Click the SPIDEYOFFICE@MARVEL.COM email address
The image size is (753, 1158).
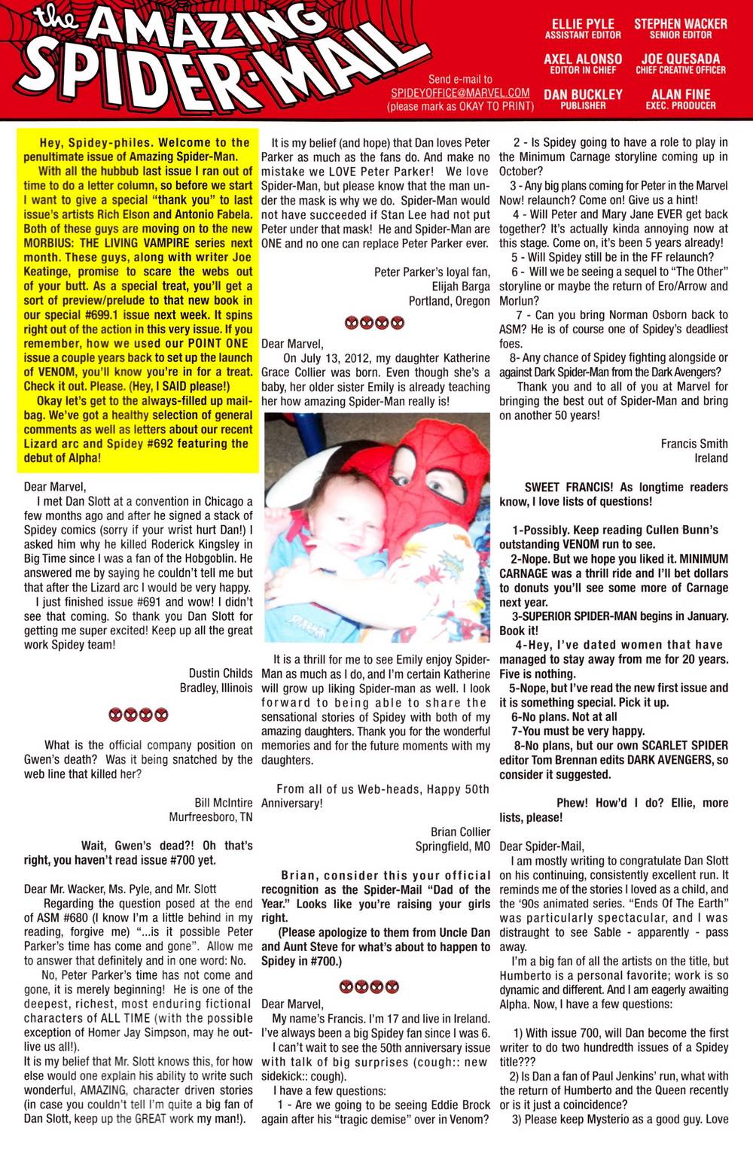pos(460,93)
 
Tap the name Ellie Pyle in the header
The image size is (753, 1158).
pos(583,24)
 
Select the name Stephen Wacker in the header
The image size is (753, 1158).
pos(681,24)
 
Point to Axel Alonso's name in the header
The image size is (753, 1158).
pos(583,59)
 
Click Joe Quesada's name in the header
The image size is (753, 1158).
pos(681,59)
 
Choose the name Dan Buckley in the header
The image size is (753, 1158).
pos(583,94)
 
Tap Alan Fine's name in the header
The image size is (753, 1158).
pos(681,94)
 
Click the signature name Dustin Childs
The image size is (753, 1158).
pos(221,673)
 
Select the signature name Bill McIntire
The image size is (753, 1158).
pos(223,803)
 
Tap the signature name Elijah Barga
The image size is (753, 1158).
pos(460,287)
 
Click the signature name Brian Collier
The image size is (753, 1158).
pos(459,831)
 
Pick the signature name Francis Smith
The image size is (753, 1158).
pos(694,444)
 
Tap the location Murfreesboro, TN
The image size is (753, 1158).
pos(211,817)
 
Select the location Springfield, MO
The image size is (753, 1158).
pos(452,846)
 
